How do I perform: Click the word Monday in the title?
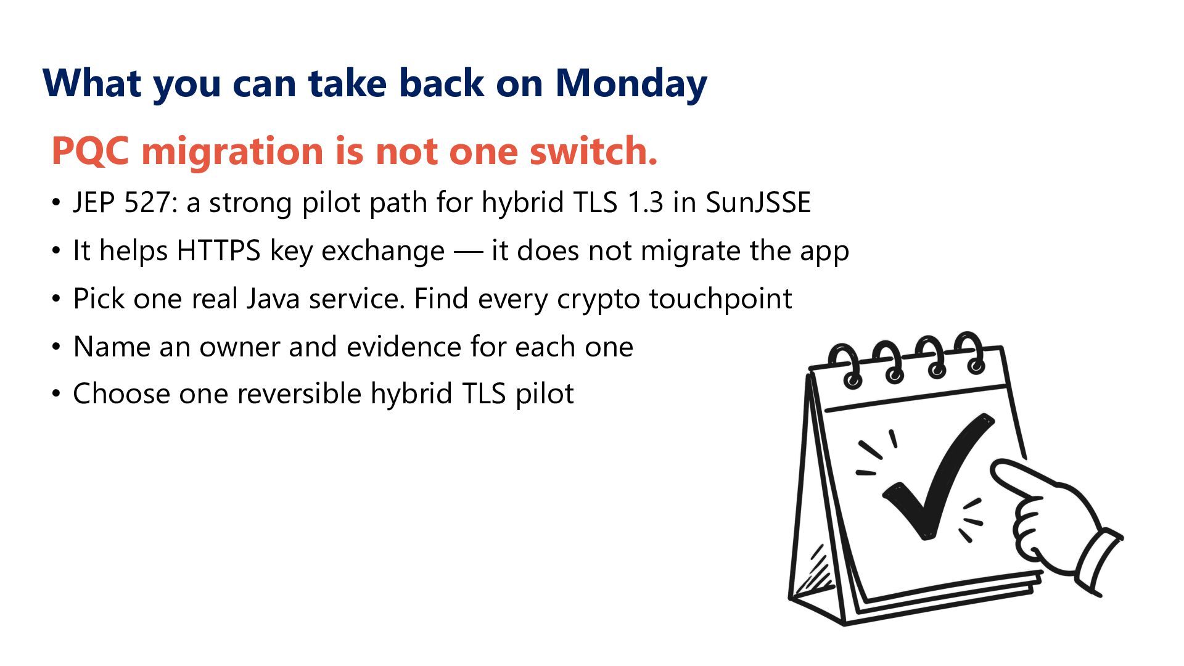(x=631, y=83)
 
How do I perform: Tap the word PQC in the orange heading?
(x=90, y=150)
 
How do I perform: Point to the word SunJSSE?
(x=758, y=202)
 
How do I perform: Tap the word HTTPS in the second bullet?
(x=219, y=250)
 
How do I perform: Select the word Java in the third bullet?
(x=273, y=298)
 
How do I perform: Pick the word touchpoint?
(x=720, y=299)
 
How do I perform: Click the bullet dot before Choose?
(x=57, y=394)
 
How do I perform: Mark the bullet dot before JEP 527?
(x=57, y=203)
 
